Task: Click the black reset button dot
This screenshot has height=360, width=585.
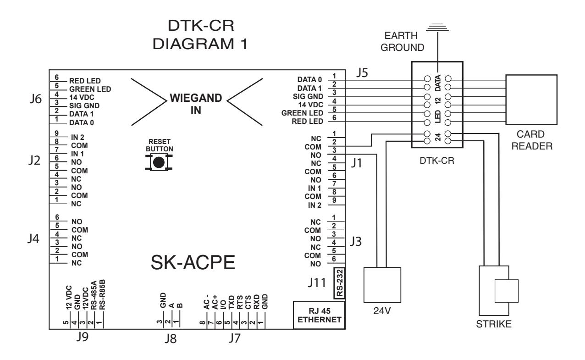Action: pos(159,163)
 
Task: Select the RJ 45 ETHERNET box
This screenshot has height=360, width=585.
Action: pos(319,315)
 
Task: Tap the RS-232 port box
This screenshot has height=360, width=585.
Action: pos(340,283)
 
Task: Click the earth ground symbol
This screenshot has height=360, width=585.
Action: pos(437,28)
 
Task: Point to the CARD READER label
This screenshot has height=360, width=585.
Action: pos(532,140)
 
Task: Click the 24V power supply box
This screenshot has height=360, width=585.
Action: pos(382,285)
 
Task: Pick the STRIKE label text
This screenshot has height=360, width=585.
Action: pos(494,324)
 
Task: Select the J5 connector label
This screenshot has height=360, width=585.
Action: pos(362,72)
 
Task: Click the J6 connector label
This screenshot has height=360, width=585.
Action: pos(35,99)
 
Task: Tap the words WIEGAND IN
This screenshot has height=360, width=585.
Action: pos(196,104)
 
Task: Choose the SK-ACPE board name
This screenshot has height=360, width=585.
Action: pos(193,262)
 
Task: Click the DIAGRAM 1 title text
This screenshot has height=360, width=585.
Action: pos(200,44)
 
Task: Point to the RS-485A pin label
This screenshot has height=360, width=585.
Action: pos(94,295)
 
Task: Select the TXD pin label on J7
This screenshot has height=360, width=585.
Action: pos(232,302)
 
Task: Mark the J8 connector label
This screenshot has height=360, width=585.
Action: pos(171,338)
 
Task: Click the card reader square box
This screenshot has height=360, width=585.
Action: pos(531,100)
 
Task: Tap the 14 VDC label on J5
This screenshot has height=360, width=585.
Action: pos(310,105)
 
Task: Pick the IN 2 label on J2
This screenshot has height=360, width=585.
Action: pos(77,137)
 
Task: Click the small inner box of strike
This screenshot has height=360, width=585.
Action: pos(507,291)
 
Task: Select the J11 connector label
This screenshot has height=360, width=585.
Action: pos(317,282)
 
